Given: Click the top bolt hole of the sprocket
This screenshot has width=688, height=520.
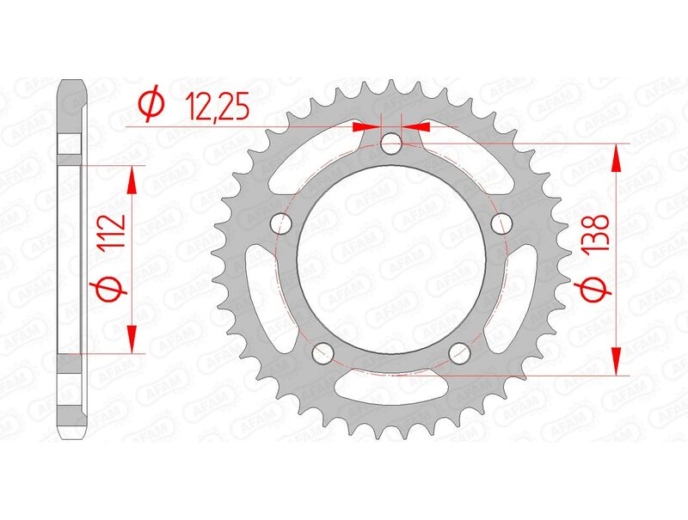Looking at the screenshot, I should pyautogui.click(x=392, y=143).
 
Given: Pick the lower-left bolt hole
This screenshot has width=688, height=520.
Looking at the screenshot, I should pyautogui.click(x=324, y=351).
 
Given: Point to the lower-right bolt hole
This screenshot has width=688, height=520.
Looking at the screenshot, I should pyautogui.click(x=460, y=352).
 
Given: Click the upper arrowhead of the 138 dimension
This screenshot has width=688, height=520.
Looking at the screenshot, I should pyautogui.click(x=616, y=155).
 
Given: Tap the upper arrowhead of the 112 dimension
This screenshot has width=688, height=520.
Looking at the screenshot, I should pyautogui.click(x=132, y=178).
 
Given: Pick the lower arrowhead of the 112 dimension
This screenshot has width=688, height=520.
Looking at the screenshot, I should pyautogui.click(x=132, y=340).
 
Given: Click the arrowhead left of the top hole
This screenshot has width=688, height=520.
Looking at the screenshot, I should pyautogui.click(x=361, y=126).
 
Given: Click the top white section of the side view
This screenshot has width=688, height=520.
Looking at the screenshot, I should pyautogui.click(x=72, y=144).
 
